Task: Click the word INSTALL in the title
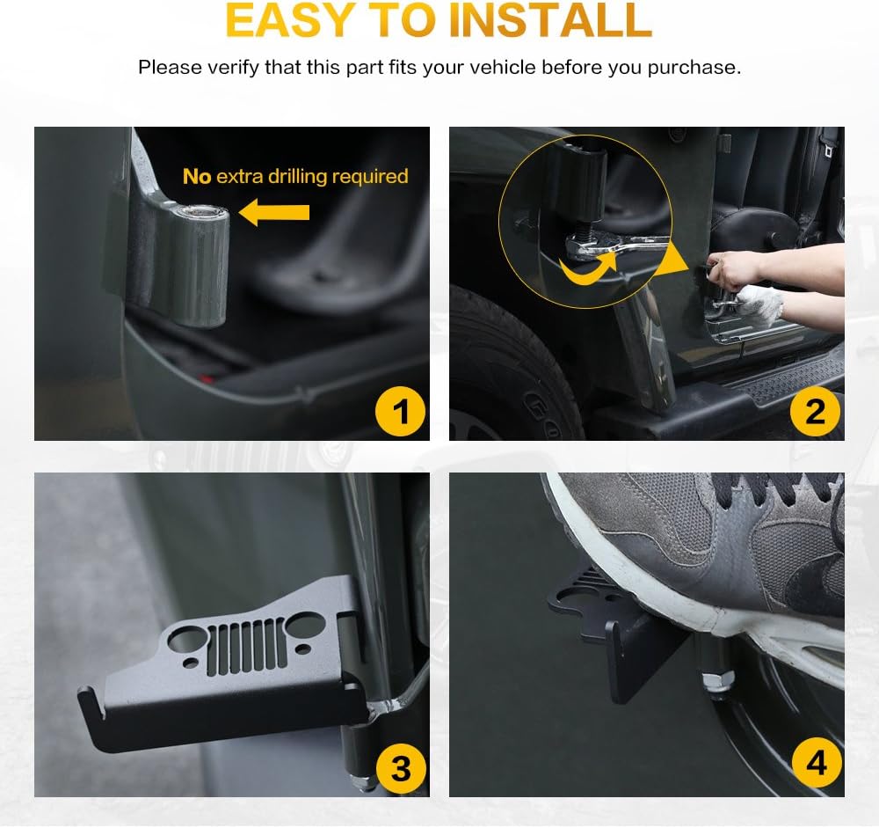pos(550,19)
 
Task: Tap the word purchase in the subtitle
pos(694,68)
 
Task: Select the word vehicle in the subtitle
pos(503,68)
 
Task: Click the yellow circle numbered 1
pos(400,412)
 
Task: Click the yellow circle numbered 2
pos(815,412)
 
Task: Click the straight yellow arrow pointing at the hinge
pos(273,212)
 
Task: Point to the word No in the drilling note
pos(197,176)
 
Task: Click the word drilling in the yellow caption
pos(297,177)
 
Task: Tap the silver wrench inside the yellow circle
pos(617,247)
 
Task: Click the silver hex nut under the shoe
pos(718,680)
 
